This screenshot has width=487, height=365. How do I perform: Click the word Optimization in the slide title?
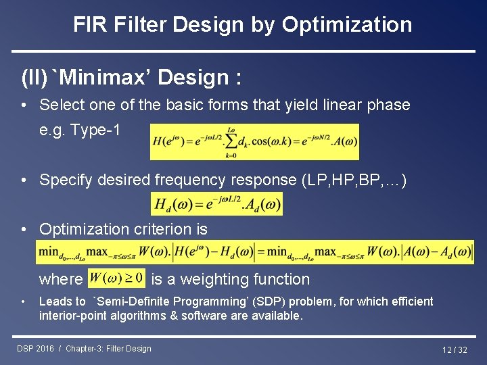point(346,25)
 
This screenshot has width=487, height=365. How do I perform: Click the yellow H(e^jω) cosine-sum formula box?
point(254,141)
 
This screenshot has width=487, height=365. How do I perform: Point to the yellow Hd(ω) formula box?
point(216,203)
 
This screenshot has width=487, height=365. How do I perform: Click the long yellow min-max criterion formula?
point(255,252)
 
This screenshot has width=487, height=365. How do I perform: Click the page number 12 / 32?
point(455,349)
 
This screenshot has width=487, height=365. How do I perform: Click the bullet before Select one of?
point(24,105)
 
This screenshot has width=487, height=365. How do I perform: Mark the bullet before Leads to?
point(24,302)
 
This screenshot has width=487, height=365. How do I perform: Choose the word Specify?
point(64,180)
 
